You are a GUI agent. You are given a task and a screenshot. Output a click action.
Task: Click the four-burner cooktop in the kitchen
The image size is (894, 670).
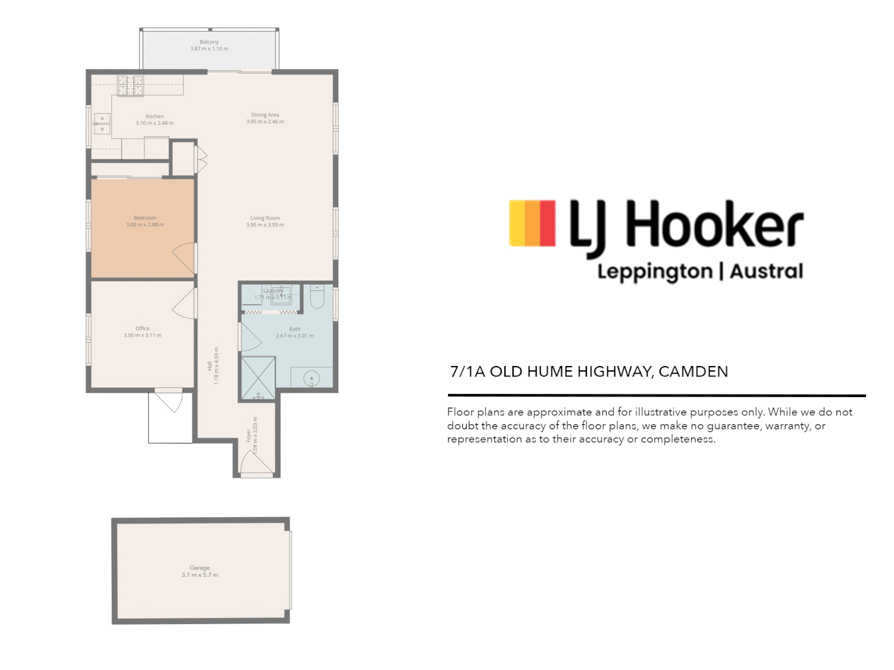[130, 86]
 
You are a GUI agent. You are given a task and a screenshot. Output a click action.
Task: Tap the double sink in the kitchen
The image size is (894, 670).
[102, 124]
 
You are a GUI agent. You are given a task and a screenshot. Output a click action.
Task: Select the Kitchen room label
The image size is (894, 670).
[154, 117]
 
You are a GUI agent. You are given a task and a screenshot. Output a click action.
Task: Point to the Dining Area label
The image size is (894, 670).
[265, 115]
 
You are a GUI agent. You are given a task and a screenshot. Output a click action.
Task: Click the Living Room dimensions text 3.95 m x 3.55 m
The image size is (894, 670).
[265, 225]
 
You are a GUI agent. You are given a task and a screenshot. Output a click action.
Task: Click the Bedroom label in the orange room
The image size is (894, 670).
[145, 218]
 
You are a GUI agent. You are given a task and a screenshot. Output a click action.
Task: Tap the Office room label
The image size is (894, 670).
[142, 329]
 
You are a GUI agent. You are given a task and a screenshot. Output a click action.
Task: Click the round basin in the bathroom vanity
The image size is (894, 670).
[311, 377]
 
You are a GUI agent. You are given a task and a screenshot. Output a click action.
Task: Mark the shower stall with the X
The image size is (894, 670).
[258, 377]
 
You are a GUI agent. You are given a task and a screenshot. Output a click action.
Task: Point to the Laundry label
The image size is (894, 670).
[273, 290]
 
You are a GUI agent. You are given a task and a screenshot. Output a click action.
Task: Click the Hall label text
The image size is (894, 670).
[210, 366]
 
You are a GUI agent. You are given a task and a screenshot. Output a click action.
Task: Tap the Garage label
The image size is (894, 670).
[200, 568]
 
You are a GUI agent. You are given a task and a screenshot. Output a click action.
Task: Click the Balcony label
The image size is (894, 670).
[209, 42]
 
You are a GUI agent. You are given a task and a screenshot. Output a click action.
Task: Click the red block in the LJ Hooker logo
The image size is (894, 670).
[548, 223]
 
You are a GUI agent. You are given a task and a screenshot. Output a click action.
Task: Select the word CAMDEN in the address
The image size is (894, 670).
[693, 372]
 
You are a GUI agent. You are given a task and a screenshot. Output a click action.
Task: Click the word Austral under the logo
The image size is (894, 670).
[766, 272]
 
